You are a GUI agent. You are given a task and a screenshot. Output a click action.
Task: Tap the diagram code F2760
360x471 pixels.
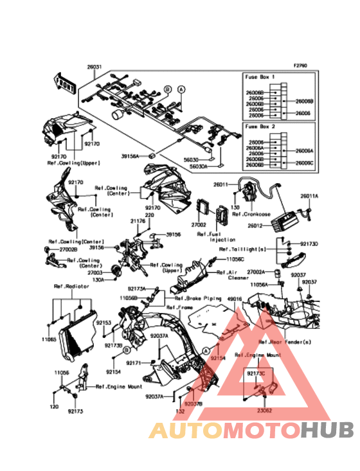pyautogui.click(x=300, y=66)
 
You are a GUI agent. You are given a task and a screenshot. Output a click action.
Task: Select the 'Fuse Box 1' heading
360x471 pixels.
pyautogui.click(x=258, y=76)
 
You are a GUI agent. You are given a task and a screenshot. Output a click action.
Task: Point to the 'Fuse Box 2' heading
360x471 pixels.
pyautogui.click(x=258, y=127)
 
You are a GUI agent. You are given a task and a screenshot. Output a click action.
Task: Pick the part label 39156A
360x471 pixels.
pyautogui.click(x=131, y=156)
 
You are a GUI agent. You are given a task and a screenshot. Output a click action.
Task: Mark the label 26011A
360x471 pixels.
pyautogui.click(x=310, y=195)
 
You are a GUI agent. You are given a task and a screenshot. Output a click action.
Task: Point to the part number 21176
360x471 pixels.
pyautogui.click(x=138, y=220)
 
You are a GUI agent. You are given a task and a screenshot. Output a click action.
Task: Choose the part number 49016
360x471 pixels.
pyautogui.click(x=235, y=299)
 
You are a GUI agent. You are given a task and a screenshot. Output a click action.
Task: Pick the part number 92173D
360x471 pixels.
pyautogui.click(x=309, y=244)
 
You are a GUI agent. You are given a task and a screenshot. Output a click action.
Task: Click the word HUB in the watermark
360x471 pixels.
pyautogui.click(x=327, y=430)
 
